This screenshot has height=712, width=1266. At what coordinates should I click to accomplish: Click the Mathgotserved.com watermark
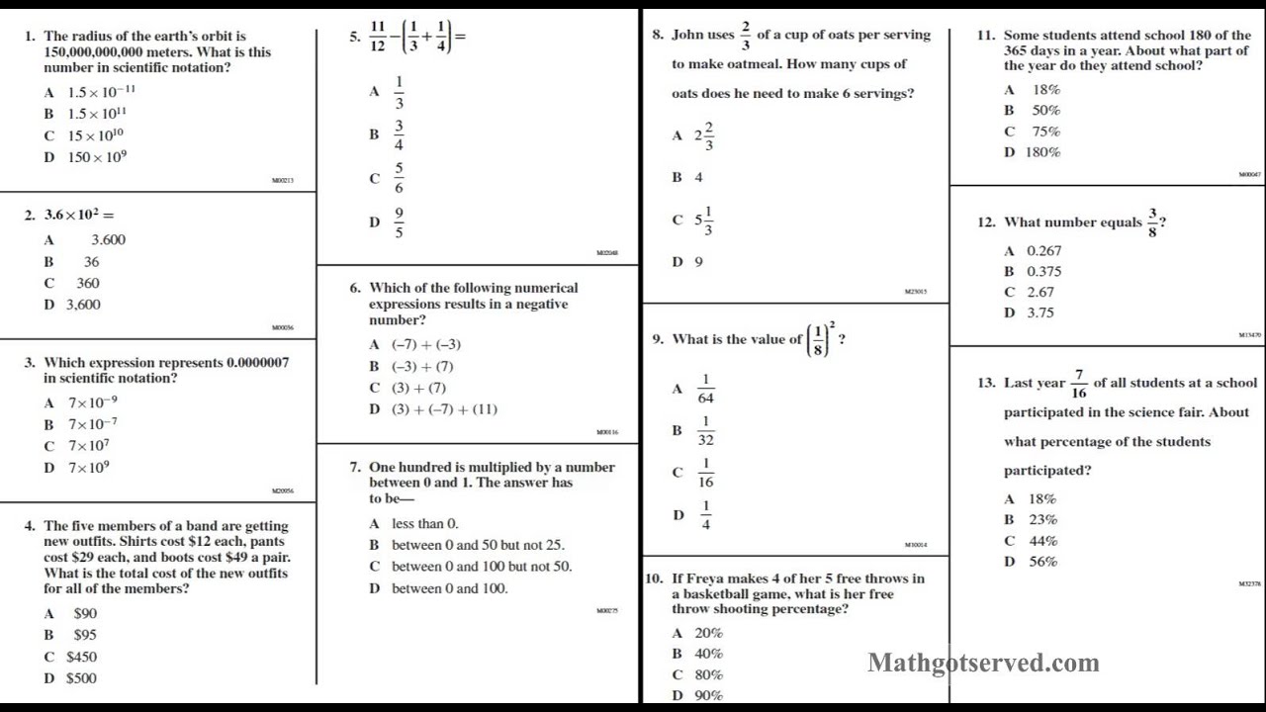pyautogui.click(x=983, y=663)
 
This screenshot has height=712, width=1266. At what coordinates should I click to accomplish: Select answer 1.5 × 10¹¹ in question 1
pyautogui.click(x=97, y=114)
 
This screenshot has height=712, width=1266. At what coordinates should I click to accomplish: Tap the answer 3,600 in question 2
pyautogui.click(x=83, y=305)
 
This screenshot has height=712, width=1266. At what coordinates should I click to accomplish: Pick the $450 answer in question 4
pyautogui.click(x=81, y=657)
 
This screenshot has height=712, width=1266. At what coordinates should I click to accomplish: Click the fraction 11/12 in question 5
pyautogui.click(x=378, y=38)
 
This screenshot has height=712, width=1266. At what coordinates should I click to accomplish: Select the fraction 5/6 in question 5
pyautogui.click(x=399, y=178)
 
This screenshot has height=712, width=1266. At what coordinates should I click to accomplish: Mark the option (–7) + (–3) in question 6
pyautogui.click(x=426, y=344)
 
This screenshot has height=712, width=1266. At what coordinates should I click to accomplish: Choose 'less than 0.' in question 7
pyautogui.click(x=425, y=524)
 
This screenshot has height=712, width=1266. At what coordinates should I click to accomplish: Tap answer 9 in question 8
pyautogui.click(x=698, y=262)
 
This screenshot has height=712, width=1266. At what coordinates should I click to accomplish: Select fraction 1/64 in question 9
pyautogui.click(x=705, y=389)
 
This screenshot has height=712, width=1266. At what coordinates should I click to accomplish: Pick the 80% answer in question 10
pyautogui.click(x=709, y=675)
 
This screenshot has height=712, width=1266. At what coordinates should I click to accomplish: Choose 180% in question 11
pyautogui.click(x=1042, y=152)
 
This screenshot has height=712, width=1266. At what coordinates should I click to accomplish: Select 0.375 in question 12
pyautogui.click(x=1043, y=272)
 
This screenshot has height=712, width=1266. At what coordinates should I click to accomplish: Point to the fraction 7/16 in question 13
pyautogui.click(x=1078, y=384)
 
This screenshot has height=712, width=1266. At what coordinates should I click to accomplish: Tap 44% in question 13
pyautogui.click(x=1043, y=541)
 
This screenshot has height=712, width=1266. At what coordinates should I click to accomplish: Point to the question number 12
pyautogui.click(x=986, y=222)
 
